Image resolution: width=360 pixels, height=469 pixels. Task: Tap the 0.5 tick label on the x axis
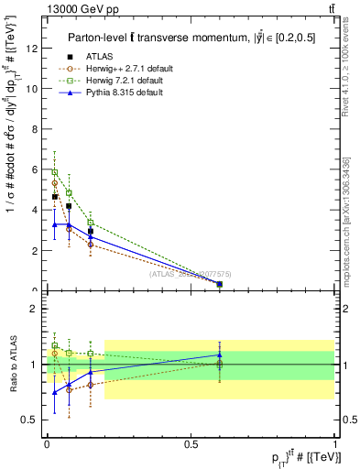pyautogui.click(x=191, y=443)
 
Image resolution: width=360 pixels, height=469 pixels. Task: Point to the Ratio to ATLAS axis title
pyautogui.click(x=12, y=365)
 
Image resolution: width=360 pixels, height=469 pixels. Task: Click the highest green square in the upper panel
pyautogui.click(x=55, y=172)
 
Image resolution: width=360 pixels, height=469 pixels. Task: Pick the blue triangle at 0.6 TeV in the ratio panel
pyautogui.click(x=220, y=354)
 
